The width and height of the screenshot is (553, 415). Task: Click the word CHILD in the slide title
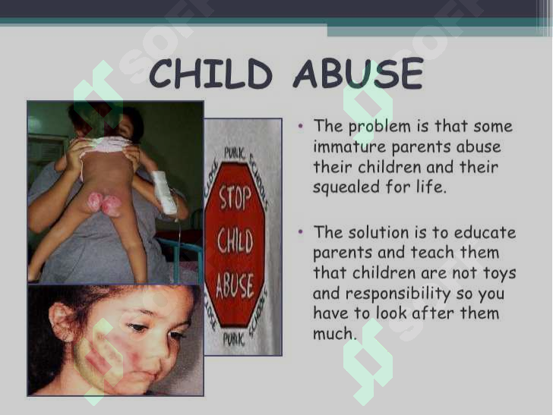[210, 74]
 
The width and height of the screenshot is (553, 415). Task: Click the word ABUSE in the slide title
[359, 74]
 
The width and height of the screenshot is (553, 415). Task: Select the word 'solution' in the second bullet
[378, 232]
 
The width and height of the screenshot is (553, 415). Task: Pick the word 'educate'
[485, 232]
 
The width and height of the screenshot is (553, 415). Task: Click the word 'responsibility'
[398, 294]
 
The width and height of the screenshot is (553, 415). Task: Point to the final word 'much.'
[335, 333]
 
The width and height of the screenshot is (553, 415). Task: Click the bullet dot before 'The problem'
[301, 125]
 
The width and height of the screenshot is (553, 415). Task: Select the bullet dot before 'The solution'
[301, 231]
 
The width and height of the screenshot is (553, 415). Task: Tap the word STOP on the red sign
[235, 198]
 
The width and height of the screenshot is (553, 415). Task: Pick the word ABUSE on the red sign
[235, 285]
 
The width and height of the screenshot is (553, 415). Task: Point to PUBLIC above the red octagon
[234, 154]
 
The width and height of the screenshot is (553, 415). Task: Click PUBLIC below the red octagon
[233, 339]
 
